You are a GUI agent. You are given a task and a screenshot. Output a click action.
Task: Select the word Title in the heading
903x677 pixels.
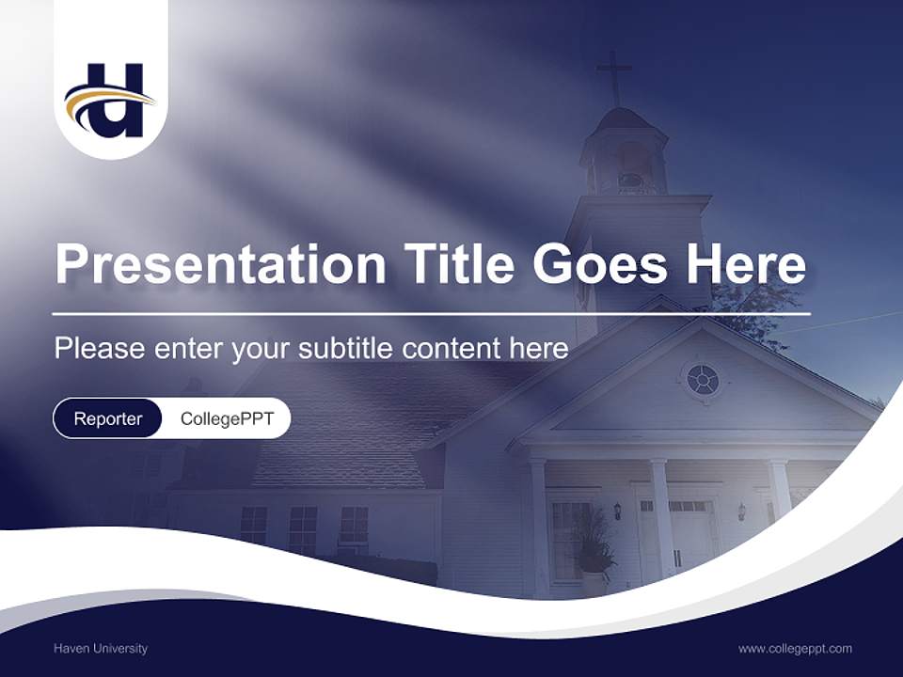click(459, 265)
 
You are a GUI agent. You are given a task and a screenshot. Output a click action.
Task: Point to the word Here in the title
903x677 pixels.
click(745, 265)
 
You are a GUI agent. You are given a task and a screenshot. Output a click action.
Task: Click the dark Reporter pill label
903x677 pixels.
click(108, 418)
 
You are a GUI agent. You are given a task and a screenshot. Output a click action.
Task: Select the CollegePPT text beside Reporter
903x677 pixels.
click(227, 418)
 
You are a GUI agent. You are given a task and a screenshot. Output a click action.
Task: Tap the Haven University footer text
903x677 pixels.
click(101, 648)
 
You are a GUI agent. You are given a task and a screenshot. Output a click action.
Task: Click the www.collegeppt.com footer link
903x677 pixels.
click(795, 648)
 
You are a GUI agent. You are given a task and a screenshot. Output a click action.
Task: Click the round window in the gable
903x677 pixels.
click(703, 380)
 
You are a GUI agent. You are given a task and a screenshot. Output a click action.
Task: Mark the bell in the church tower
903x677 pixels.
click(628, 179)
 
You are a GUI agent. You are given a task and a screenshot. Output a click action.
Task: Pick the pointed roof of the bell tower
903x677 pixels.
click(622, 120)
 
